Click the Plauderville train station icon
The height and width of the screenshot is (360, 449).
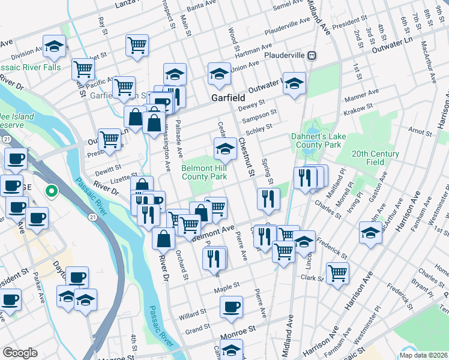pos(312,56)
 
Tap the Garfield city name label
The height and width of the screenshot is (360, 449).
pos(226,97)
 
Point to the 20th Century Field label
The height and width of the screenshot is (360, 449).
pos(376,158)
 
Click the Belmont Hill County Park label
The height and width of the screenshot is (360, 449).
pos(205,173)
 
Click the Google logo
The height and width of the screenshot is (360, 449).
pos(20,353)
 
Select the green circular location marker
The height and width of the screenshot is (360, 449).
pos(52,192)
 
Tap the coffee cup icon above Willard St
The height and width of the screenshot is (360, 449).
pos(231,307)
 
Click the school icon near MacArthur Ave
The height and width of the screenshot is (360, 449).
pos(370,233)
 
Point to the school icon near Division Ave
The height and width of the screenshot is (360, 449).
pos(54,46)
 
